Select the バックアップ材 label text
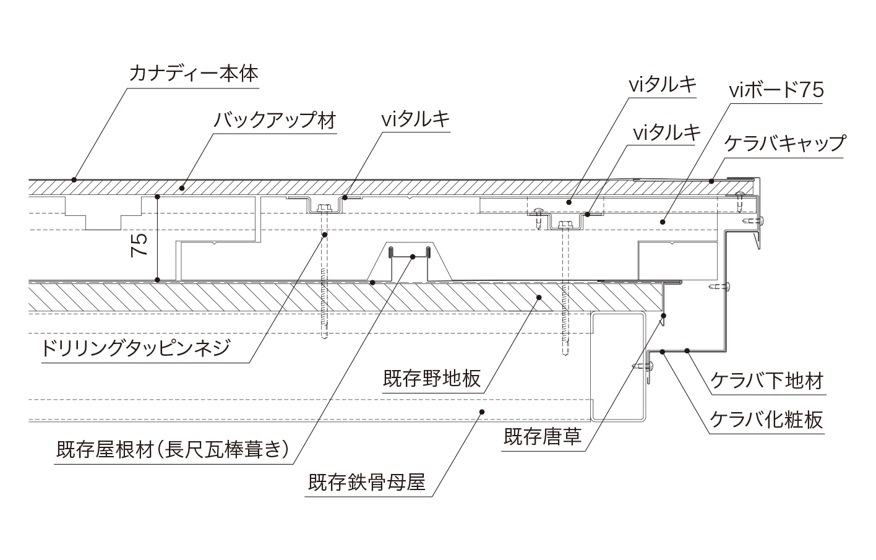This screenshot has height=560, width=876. click(274, 119)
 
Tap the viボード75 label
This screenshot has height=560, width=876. click(776, 91)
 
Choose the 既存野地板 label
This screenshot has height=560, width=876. click(432, 378)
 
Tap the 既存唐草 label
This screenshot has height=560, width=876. click(543, 437)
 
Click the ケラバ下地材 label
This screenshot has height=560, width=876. click(766, 381)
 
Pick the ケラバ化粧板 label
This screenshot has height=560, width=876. click(766, 420)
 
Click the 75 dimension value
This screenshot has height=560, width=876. click(140, 246)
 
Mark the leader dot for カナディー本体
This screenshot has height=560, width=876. click(74, 180)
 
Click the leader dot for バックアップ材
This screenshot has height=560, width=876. click(182, 187)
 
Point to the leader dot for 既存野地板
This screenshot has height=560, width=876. click(539, 298)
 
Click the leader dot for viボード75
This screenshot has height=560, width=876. click(662, 221)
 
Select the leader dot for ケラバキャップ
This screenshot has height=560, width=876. click(711, 181)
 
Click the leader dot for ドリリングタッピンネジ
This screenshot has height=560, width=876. click(324, 235)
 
